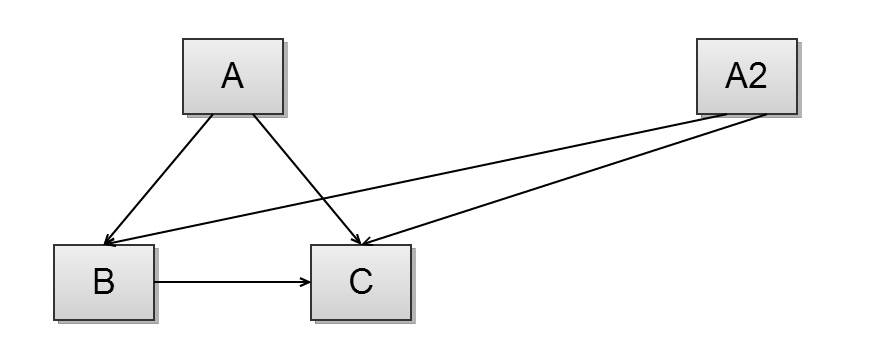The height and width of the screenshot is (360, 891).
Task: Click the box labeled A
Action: tap(232, 76)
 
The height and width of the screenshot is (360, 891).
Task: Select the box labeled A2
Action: tap(746, 76)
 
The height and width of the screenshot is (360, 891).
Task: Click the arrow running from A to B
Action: tap(160, 178)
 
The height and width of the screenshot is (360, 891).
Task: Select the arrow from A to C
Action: tap(300, 170)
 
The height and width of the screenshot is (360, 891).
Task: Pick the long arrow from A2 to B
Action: tap(420, 178)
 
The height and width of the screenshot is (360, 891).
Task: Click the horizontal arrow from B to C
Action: tap(230, 281)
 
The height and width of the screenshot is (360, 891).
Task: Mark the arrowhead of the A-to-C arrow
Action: tap(357, 239)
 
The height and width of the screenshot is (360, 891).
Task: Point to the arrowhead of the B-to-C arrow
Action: tap(306, 281)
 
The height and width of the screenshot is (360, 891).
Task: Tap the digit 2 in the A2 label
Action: tap(760, 76)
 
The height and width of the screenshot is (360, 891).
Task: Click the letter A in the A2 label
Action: tap(735, 76)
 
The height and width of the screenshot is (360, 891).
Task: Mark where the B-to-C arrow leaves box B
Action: tap(156, 281)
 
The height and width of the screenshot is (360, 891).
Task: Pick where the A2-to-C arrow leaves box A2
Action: tap(766, 115)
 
